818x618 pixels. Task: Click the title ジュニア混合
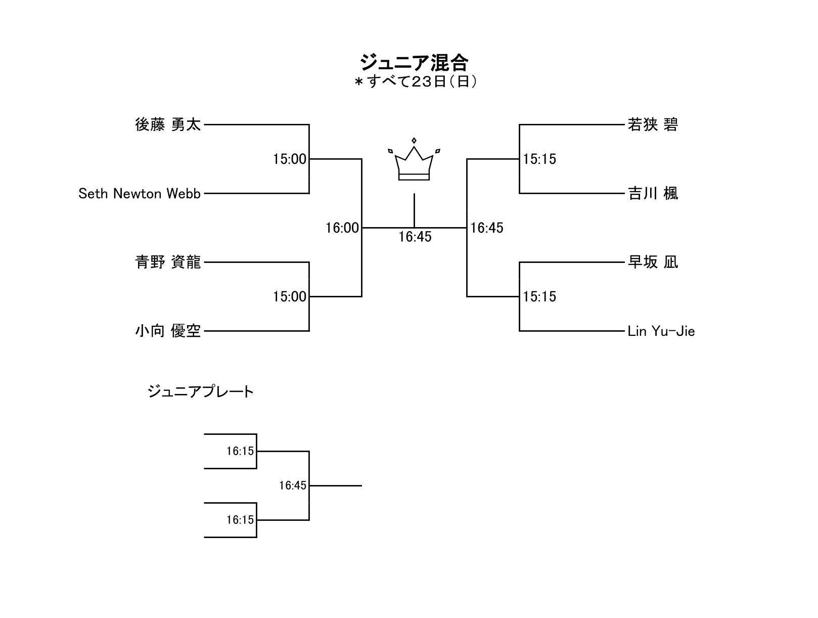point(414,63)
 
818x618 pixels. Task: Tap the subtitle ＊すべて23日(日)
point(416,81)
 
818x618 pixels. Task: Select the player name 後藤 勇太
point(168,124)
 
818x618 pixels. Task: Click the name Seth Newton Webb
point(140,194)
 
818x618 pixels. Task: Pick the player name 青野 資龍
point(168,262)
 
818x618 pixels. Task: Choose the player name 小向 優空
point(168,331)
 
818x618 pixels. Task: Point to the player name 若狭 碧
point(653,124)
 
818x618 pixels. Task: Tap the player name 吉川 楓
point(653,193)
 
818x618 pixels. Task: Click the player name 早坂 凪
point(653,262)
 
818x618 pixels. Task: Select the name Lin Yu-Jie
point(661,331)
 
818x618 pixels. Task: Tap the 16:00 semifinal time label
point(342,228)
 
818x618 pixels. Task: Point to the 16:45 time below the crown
point(415,237)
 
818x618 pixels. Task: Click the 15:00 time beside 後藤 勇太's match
point(290,159)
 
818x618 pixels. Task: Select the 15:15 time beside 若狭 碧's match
point(539,159)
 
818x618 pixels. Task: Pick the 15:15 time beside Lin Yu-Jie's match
point(539,296)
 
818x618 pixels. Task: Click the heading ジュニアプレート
point(201,392)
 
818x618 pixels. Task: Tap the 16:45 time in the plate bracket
point(293,485)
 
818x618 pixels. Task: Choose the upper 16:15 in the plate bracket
point(240,451)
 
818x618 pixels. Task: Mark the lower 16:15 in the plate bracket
point(240,520)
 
